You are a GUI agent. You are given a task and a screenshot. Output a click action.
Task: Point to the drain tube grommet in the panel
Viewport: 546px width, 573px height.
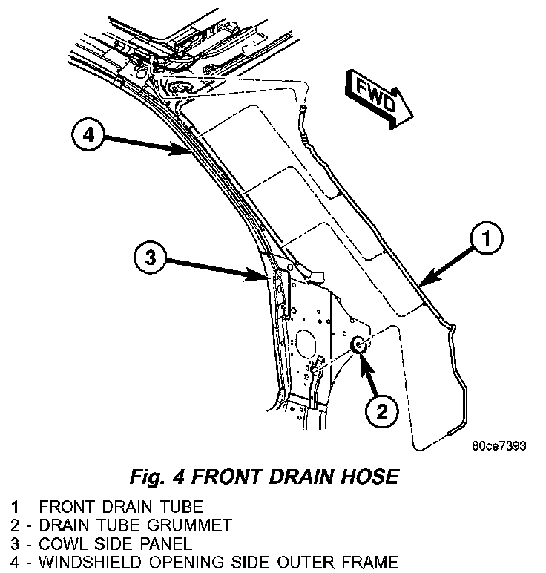click(x=357, y=344)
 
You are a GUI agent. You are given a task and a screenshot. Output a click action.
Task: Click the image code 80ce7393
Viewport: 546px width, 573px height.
click(x=498, y=446)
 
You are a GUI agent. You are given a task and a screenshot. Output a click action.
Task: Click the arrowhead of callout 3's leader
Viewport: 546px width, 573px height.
click(x=266, y=278)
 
